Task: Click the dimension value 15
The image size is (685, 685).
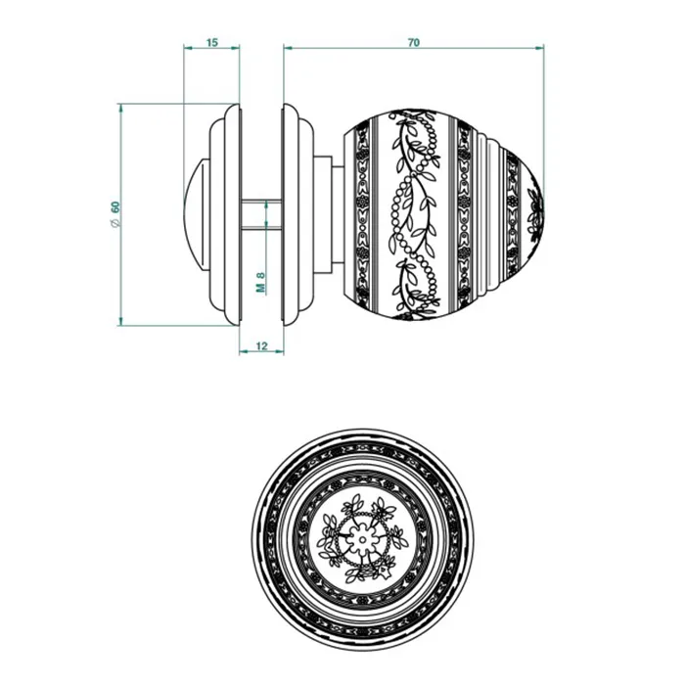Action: [x=212, y=42]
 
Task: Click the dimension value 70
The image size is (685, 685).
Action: [x=413, y=42]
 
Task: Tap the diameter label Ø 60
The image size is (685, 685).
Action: [x=115, y=213]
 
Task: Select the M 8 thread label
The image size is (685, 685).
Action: [x=261, y=282]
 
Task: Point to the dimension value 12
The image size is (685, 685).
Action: [x=261, y=346]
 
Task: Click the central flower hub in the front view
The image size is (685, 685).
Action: [x=362, y=540]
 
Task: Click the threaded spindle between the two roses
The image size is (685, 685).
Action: [x=261, y=214]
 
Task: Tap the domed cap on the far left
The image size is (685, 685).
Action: [x=193, y=214]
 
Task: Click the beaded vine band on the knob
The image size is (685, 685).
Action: [x=414, y=214]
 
